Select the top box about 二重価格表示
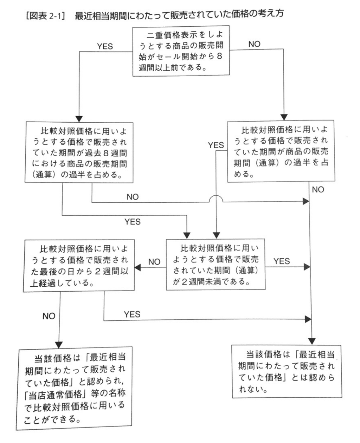181,51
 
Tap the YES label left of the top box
105,46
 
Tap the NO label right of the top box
254,44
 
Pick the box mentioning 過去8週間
79,152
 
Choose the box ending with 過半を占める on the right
281,151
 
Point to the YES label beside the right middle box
216,145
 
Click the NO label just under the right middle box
318,189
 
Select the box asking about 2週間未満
216,264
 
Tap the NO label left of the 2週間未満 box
154,262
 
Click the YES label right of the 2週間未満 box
282,261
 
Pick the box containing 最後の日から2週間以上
79,266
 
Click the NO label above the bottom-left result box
49,316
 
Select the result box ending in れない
287,371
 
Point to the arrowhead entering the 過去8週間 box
79,119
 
